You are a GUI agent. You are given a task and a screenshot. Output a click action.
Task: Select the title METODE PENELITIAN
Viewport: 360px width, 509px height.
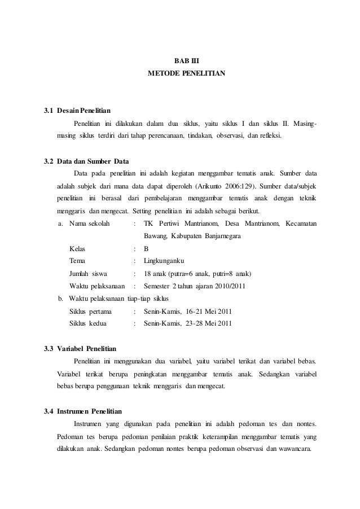point(186,73)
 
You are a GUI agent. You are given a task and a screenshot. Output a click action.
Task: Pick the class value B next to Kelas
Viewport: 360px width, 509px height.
point(146,249)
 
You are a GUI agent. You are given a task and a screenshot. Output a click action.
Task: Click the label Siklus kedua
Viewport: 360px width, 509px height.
point(89,324)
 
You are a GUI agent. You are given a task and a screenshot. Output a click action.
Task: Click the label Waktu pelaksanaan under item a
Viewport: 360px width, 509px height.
point(96,286)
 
